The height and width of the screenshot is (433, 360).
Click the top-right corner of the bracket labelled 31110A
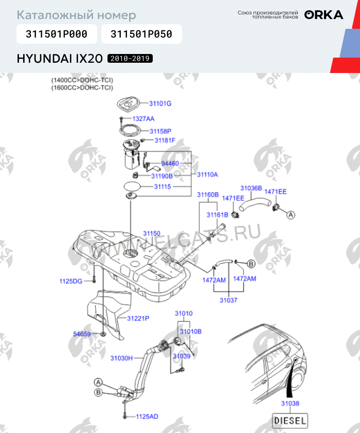[x=191, y=151]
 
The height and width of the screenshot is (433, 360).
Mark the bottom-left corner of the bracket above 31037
[x=213, y=292]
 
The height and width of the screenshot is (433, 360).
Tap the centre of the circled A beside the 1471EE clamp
[x=291, y=214]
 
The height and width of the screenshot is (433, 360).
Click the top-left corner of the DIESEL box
[x=273, y=413]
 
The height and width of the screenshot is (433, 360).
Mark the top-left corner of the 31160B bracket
[x=200, y=203]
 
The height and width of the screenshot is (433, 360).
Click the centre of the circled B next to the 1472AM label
[x=251, y=264]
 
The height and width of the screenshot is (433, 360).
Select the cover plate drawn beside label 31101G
[x=128, y=104]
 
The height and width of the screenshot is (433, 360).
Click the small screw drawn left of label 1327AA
[x=121, y=119]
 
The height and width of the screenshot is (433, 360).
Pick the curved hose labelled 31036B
[x=255, y=204]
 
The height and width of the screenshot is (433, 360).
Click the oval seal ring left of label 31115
[x=132, y=186]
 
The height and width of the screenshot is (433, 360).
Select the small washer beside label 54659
[x=103, y=334]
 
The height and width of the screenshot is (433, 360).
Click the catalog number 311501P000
[x=57, y=34]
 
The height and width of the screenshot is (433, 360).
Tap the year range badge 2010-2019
[x=130, y=59]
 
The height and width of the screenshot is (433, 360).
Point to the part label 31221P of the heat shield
[x=138, y=318]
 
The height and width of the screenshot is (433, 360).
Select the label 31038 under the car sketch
[x=290, y=404]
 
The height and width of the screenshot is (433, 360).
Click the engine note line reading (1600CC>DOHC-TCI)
[x=82, y=87]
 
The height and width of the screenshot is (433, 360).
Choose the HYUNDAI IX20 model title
[x=60, y=59]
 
